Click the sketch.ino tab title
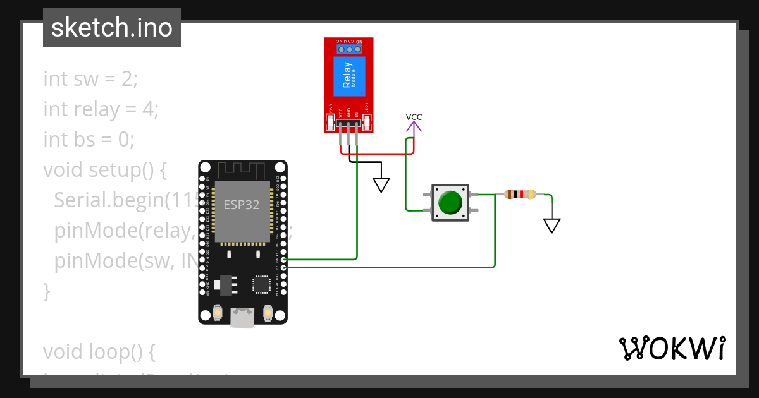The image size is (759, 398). tap(112, 28)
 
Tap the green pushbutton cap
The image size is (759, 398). tap(450, 202)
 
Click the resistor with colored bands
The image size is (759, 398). tap(520, 195)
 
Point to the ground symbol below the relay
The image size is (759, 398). tap(381, 184)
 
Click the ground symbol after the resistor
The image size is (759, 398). tap(552, 226)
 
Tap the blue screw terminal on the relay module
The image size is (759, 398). tap(349, 49)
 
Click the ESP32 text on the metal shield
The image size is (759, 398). tap(241, 205)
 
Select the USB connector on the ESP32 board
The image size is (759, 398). tap(242, 317)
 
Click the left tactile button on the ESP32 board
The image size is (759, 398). tap(218, 312)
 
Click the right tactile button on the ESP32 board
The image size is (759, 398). tap(267, 312)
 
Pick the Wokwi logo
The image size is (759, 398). tap(672, 349)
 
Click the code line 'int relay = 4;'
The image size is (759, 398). tap(101, 109)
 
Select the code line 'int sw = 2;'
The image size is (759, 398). tap(90, 80)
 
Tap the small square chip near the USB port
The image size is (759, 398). tap(261, 284)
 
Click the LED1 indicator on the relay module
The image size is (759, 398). tap(367, 119)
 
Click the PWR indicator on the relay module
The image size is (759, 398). tap(330, 120)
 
